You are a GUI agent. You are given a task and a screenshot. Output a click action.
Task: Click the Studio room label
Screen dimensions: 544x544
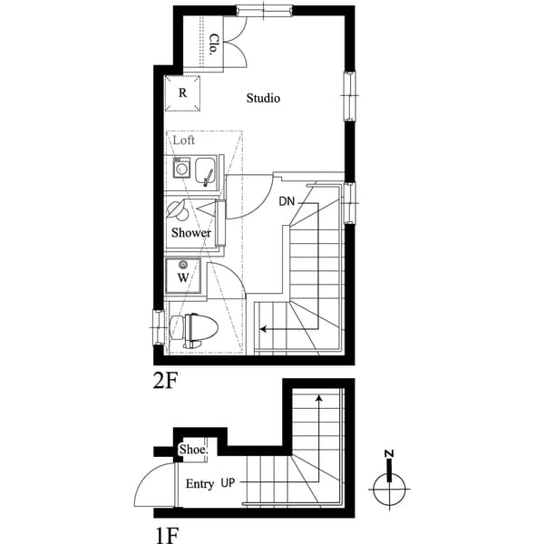click(x=263, y=98)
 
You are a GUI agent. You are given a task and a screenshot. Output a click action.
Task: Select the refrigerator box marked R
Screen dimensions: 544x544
click(x=183, y=92)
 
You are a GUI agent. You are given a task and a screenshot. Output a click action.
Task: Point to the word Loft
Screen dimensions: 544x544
click(x=184, y=141)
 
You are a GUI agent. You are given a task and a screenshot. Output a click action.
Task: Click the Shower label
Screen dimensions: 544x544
click(x=191, y=233)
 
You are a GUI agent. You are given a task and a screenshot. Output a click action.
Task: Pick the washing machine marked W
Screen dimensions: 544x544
click(x=183, y=277)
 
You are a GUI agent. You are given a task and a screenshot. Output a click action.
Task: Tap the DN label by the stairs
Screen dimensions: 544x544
click(x=287, y=201)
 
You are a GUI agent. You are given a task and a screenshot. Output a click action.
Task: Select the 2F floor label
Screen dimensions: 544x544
click(x=164, y=380)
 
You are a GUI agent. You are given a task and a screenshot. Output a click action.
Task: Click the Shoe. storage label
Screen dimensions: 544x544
click(x=193, y=450)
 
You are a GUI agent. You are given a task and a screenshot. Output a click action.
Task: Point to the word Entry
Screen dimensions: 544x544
click(x=199, y=484)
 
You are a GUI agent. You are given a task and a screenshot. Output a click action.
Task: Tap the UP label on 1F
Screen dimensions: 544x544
click(x=229, y=484)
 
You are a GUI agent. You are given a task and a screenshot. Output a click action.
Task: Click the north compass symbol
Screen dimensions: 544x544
click(x=389, y=489)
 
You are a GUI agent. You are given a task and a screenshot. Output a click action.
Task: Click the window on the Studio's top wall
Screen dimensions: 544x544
click(x=263, y=10)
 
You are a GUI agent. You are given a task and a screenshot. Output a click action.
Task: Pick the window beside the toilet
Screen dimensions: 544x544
click(x=158, y=324)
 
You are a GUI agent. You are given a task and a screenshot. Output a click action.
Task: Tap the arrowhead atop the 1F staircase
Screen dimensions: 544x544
click(x=318, y=396)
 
